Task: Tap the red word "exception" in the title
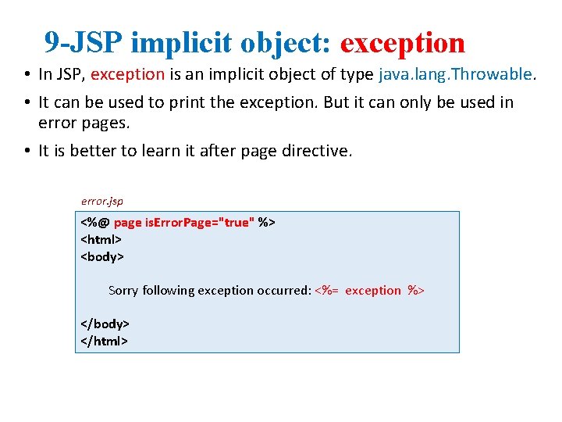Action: [x=403, y=43]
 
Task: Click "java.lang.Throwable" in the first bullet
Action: [x=455, y=75]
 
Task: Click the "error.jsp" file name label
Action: [x=101, y=202]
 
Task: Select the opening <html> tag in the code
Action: [x=101, y=239]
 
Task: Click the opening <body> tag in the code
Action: [x=102, y=256]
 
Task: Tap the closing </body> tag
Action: [x=105, y=324]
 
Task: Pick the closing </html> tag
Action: [x=104, y=341]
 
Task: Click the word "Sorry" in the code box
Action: [x=123, y=291]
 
